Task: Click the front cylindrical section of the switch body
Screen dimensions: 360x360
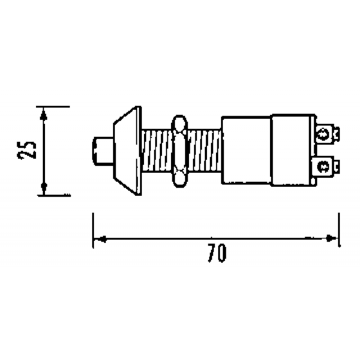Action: (247, 151)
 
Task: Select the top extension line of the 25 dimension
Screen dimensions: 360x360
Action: (54, 107)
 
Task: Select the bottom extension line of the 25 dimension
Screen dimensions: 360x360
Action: (54, 195)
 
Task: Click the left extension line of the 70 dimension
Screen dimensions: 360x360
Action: (93, 229)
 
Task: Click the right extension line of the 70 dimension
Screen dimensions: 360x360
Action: (339, 229)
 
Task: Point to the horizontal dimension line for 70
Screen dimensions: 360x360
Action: (216, 238)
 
